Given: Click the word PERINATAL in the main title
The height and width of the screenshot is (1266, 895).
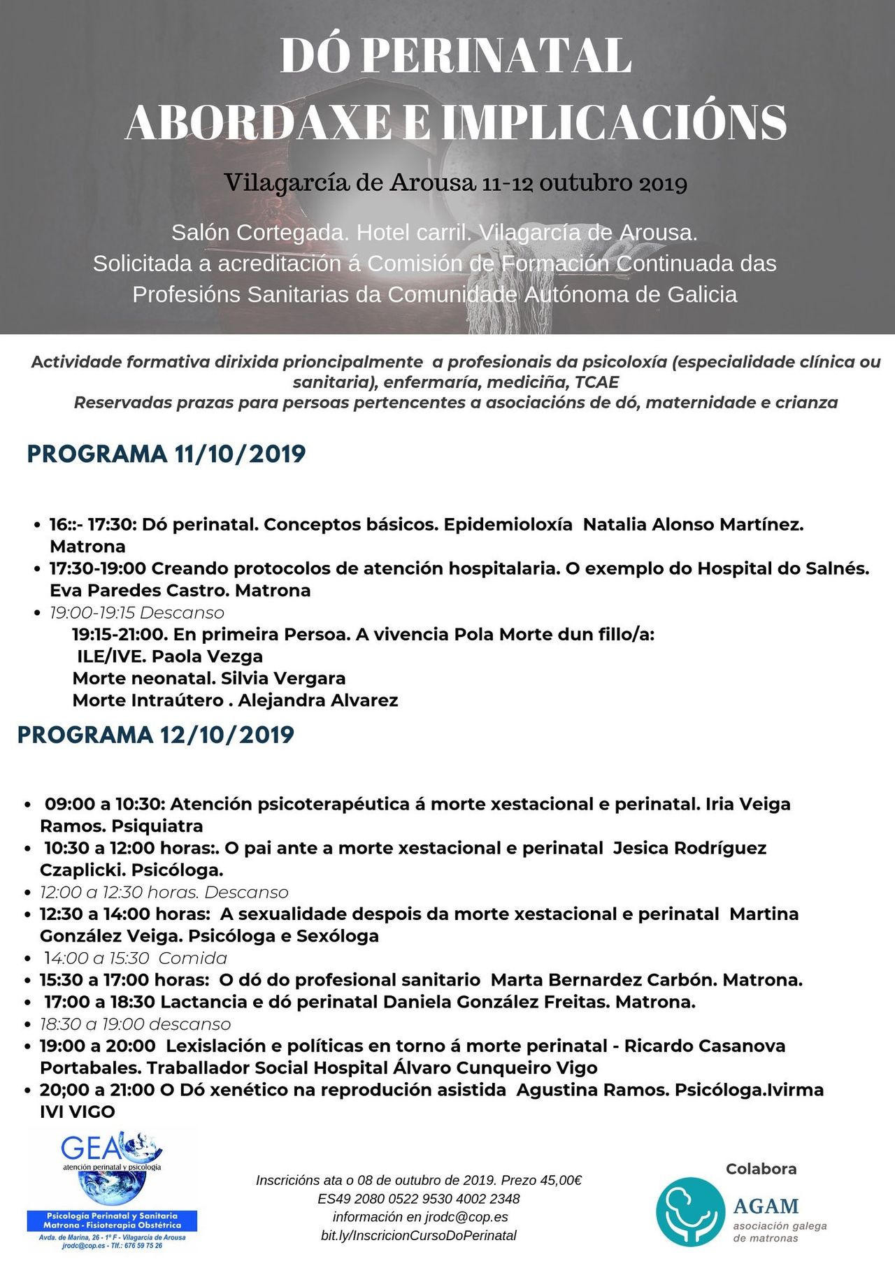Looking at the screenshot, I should pyautogui.click(x=497, y=56).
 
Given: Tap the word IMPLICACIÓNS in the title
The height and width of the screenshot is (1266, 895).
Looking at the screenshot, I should pyautogui.click(x=614, y=122).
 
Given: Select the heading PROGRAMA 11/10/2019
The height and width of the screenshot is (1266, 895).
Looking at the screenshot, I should pyautogui.click(x=166, y=454).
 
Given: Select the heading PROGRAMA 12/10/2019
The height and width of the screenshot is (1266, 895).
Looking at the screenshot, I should pyautogui.click(x=156, y=735).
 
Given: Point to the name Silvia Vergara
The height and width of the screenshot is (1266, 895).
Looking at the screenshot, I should pyautogui.click(x=283, y=678).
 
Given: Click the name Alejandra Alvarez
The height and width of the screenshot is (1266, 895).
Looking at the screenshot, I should pyautogui.click(x=318, y=700).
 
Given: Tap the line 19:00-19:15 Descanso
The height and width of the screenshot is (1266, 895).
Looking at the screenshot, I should pyautogui.click(x=137, y=613).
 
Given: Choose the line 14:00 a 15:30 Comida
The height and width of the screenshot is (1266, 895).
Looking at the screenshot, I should pyautogui.click(x=136, y=958).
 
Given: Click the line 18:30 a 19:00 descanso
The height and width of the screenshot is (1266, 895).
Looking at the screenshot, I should pyautogui.click(x=136, y=1024).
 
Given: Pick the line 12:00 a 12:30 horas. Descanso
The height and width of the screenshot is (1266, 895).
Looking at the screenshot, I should pyautogui.click(x=164, y=892).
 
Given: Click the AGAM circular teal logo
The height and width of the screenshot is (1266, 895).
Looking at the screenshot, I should pyautogui.click(x=689, y=1211).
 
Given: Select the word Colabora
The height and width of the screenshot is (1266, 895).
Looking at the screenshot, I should pyautogui.click(x=761, y=1169).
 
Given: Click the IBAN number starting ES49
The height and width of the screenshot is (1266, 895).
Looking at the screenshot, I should pyautogui.click(x=419, y=1199).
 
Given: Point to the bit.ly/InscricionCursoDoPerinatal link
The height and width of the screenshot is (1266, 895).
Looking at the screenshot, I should pyautogui.click(x=419, y=1235).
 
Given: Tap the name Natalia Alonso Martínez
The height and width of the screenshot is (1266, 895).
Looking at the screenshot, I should pyautogui.click(x=693, y=524).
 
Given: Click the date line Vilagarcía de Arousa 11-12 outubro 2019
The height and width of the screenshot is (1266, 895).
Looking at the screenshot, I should pyautogui.click(x=456, y=183).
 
